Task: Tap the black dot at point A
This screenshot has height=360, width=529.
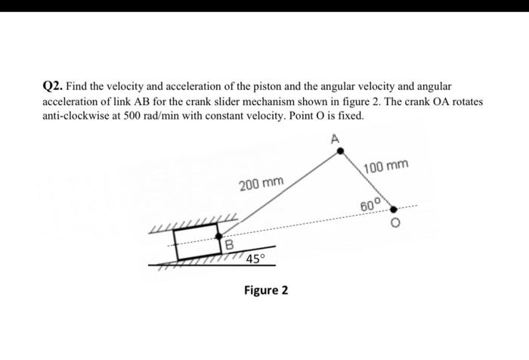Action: (340, 151)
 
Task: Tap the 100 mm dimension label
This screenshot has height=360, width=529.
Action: (386, 166)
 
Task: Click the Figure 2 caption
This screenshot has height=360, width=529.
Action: (266, 290)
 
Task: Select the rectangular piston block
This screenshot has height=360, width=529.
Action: (196, 241)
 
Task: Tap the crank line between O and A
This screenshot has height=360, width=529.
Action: (366, 178)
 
